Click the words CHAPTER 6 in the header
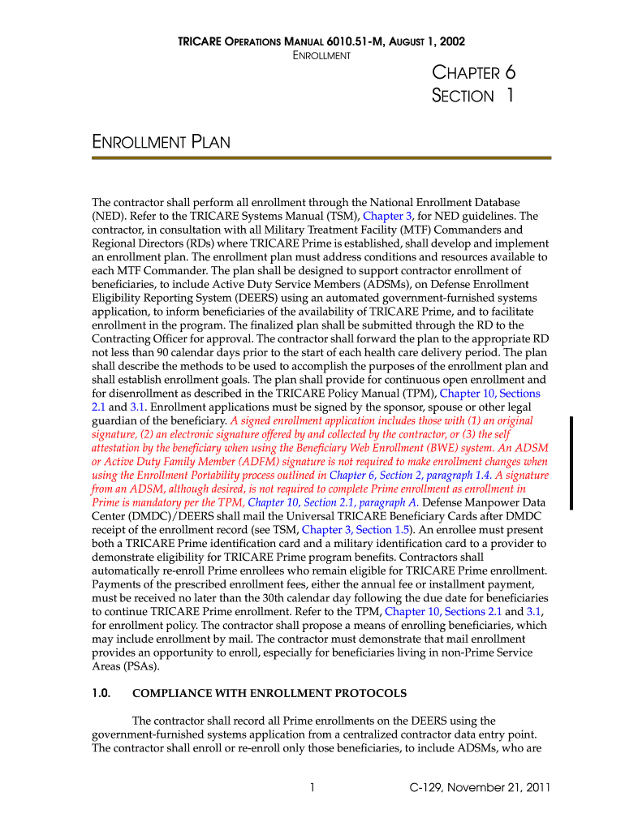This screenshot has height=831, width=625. pos(474,72)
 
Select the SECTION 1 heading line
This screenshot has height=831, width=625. pos(472,96)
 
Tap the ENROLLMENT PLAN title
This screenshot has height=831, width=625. pos(161,143)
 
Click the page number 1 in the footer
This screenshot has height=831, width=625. pos(312,787)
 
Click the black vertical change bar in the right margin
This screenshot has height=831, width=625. pos(571,463)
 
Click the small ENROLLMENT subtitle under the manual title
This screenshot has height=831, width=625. pos(321,56)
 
